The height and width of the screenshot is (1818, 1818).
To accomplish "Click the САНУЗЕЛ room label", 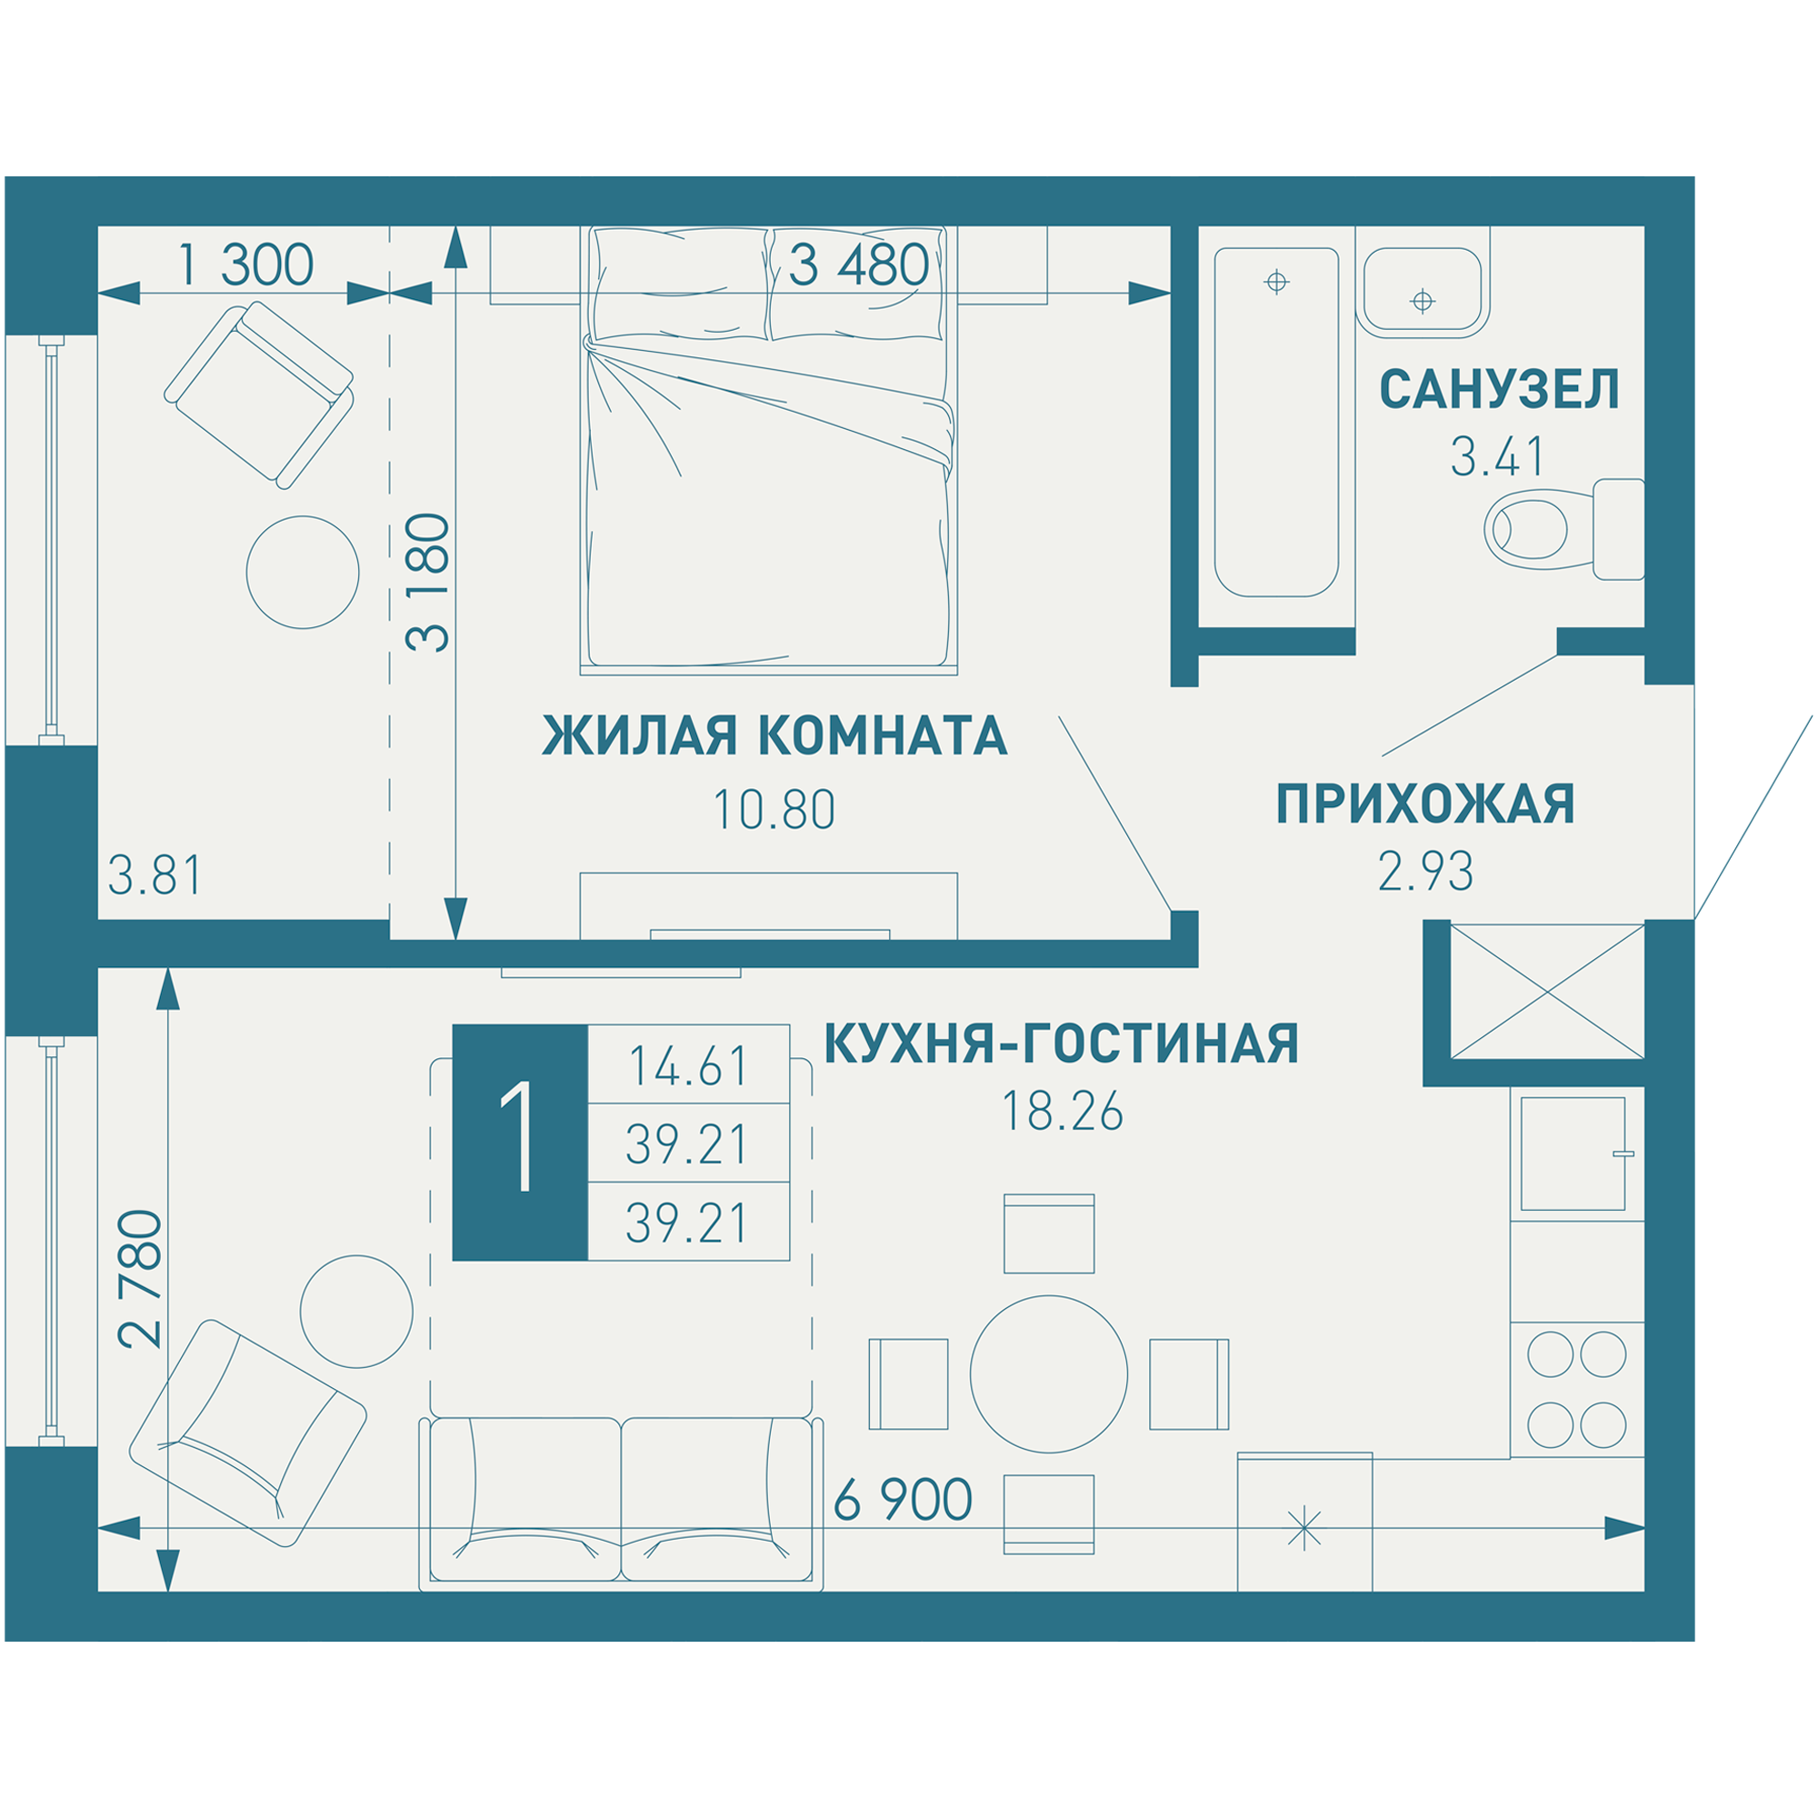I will point(1498,391).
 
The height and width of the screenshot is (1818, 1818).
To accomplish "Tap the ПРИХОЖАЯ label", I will point(1424,804).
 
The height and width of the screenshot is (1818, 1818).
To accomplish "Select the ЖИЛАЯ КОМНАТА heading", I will point(774,736).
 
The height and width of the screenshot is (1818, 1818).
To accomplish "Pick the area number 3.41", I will point(1497,458).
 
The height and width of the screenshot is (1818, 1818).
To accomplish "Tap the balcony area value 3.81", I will point(155,876).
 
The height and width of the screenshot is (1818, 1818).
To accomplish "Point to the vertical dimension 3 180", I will point(429,583).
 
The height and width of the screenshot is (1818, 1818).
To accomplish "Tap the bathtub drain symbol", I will point(1276,282).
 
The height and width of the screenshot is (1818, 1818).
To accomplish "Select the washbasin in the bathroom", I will point(1422,292).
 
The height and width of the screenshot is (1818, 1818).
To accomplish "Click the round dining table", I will point(1048,1373).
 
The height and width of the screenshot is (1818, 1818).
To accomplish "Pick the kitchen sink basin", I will point(1573,1154).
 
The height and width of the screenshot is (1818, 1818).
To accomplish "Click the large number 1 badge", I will point(519,1143).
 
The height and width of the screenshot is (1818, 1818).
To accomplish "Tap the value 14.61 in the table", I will point(688,1067).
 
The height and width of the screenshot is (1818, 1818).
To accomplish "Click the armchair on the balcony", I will point(260,395).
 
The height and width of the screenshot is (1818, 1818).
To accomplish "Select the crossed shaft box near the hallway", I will point(1547,992).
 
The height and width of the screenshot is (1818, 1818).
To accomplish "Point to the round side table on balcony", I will point(302,571).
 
